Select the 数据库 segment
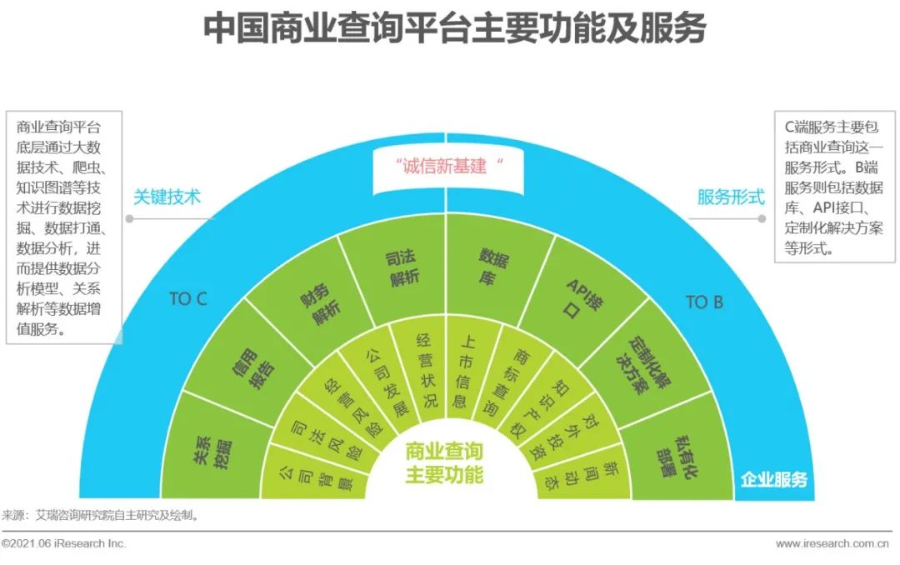(492, 267)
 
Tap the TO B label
(704, 302)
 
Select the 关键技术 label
(167, 197)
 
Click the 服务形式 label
(731, 197)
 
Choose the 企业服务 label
(773, 479)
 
